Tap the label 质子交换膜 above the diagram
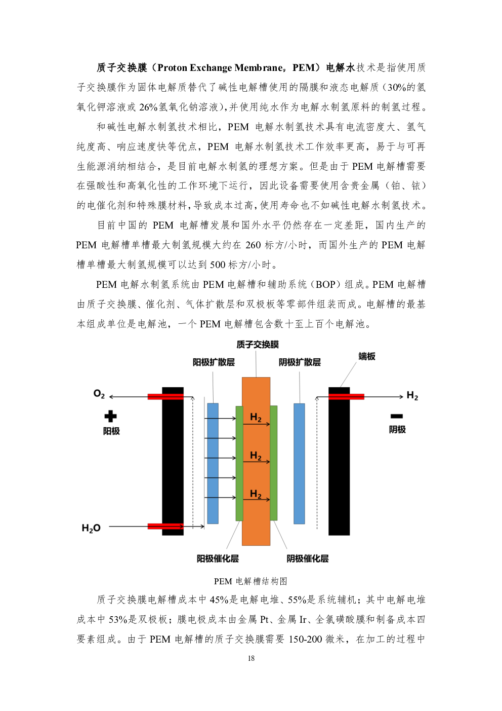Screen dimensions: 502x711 point(258,345)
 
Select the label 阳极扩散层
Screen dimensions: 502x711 point(214,362)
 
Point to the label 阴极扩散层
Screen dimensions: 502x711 point(300,362)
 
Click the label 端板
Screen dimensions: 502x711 point(367,356)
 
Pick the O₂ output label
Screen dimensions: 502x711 point(99,394)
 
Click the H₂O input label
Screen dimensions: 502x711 point(91,528)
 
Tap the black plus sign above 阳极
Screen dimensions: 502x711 point(110,416)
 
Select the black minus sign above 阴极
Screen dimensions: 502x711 point(396,416)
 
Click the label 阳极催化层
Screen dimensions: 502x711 point(218,558)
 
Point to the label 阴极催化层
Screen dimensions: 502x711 point(307,558)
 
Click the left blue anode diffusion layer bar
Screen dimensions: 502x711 point(213,463)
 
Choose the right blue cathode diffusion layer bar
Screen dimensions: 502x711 point(299,463)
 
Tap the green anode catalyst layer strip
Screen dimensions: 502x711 point(239,463)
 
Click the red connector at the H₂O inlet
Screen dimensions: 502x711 point(165,526)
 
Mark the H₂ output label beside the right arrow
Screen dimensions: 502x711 point(412,395)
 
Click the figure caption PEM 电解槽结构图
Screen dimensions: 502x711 point(250,581)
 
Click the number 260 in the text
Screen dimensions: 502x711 point(253,245)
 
